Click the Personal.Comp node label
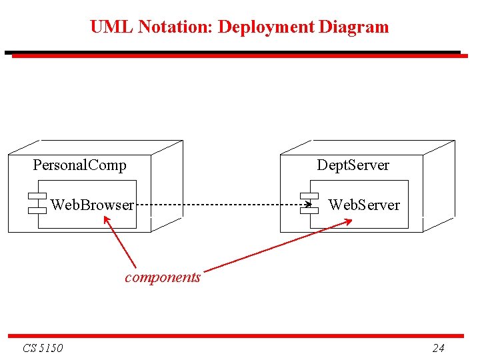[x=79, y=165]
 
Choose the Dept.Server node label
[x=353, y=165]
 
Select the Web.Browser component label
[x=92, y=205]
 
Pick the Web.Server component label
[x=364, y=205]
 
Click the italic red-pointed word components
[x=163, y=277]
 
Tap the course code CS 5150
[x=43, y=348]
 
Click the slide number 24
[x=438, y=348]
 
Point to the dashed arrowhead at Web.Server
[x=308, y=204]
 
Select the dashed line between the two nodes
[x=220, y=204]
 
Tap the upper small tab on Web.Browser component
[x=37, y=196]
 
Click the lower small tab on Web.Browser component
[x=37, y=210]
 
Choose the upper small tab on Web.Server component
[x=309, y=195]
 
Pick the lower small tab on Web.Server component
[x=309, y=210]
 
